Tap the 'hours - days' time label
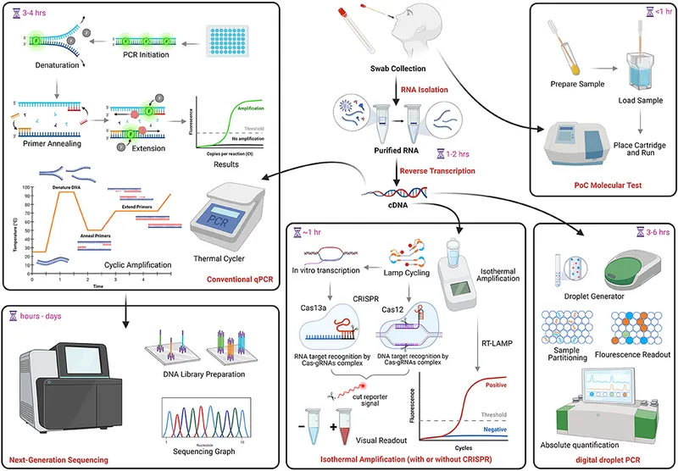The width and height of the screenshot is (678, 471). point(43,315)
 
